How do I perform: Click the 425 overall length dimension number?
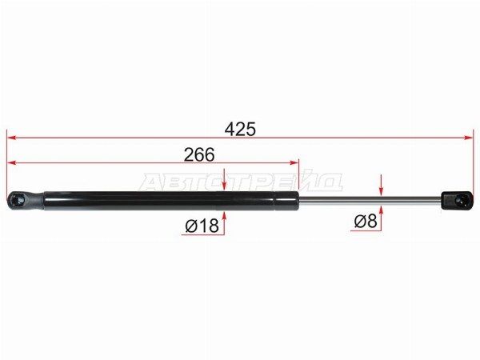[240, 129]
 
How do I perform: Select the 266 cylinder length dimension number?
[199, 154]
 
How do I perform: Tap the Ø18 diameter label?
[202, 226]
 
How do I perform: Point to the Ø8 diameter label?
[366, 221]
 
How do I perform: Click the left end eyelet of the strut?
[25, 201]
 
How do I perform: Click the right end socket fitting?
[457, 201]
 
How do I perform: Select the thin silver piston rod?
[370, 200]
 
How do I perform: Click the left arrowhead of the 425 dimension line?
[11, 138]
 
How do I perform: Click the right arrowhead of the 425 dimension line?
[469, 138]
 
